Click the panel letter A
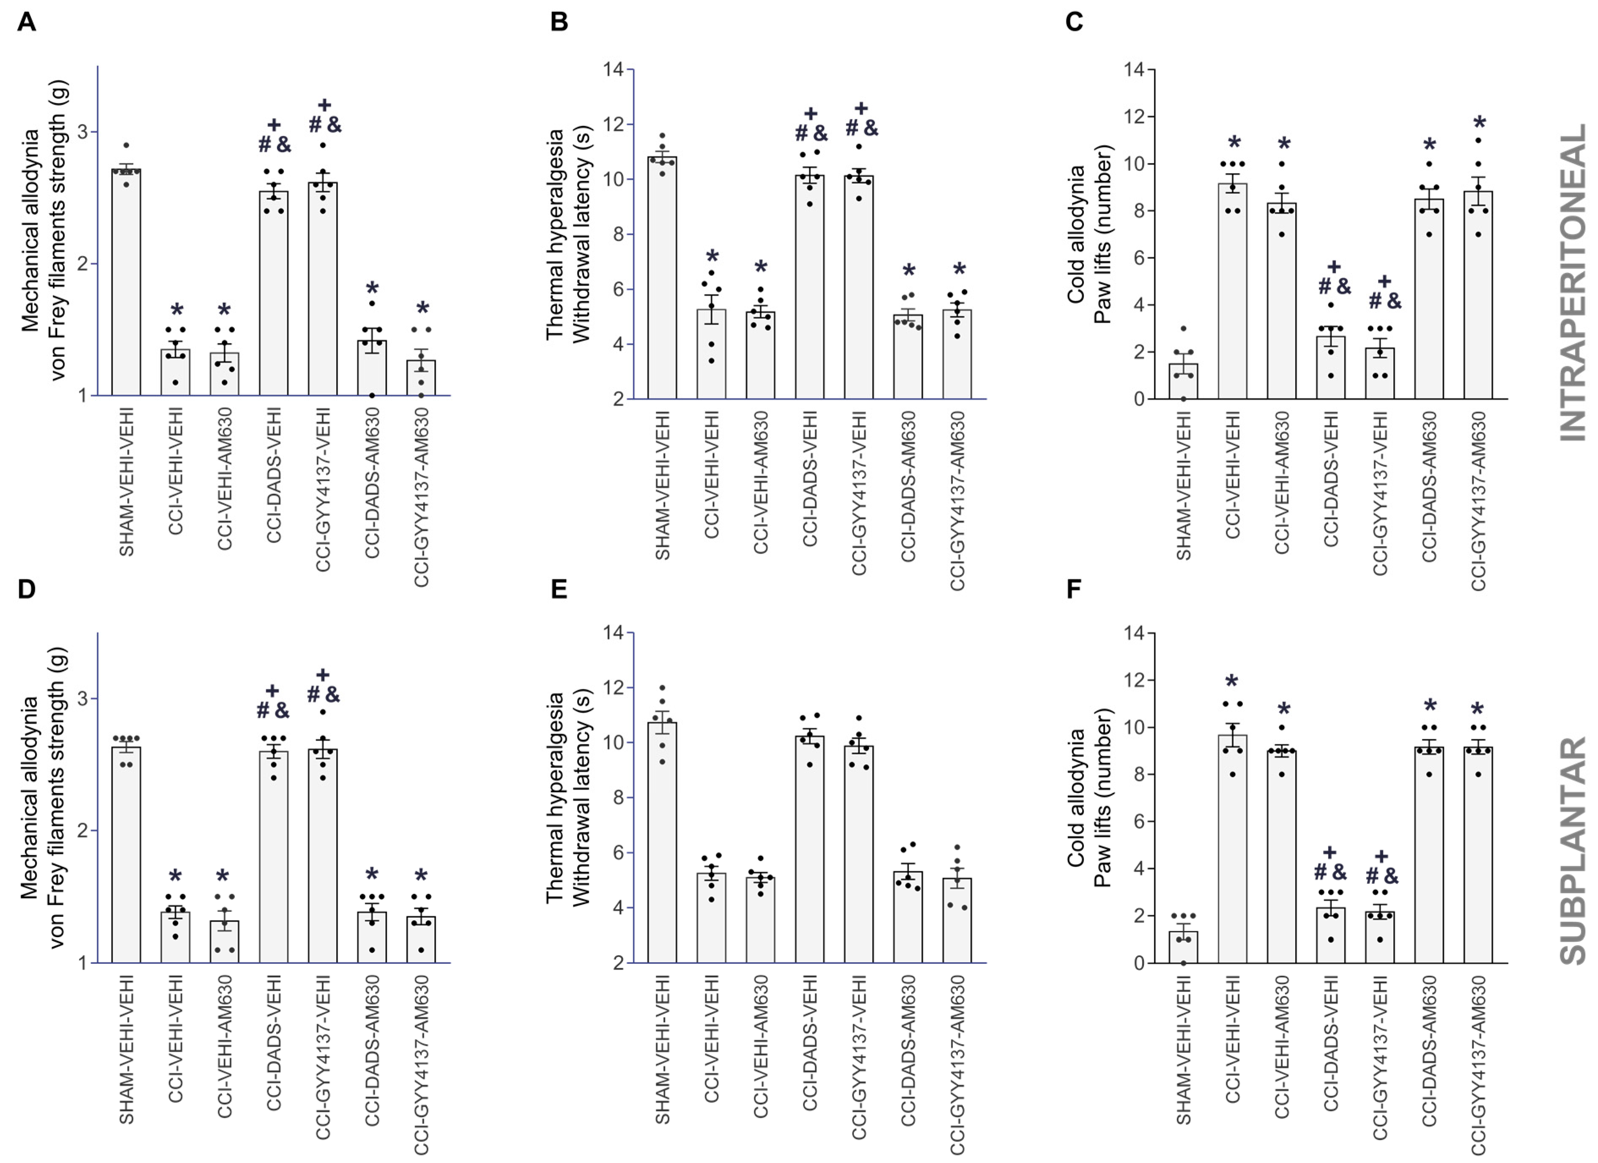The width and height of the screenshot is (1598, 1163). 26,22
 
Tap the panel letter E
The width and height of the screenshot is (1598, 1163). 559,589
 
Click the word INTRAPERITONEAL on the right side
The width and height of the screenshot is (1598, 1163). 1573,282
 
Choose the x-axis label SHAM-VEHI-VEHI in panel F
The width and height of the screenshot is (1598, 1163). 1184,1050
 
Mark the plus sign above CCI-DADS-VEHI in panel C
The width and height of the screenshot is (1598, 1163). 1334,266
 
